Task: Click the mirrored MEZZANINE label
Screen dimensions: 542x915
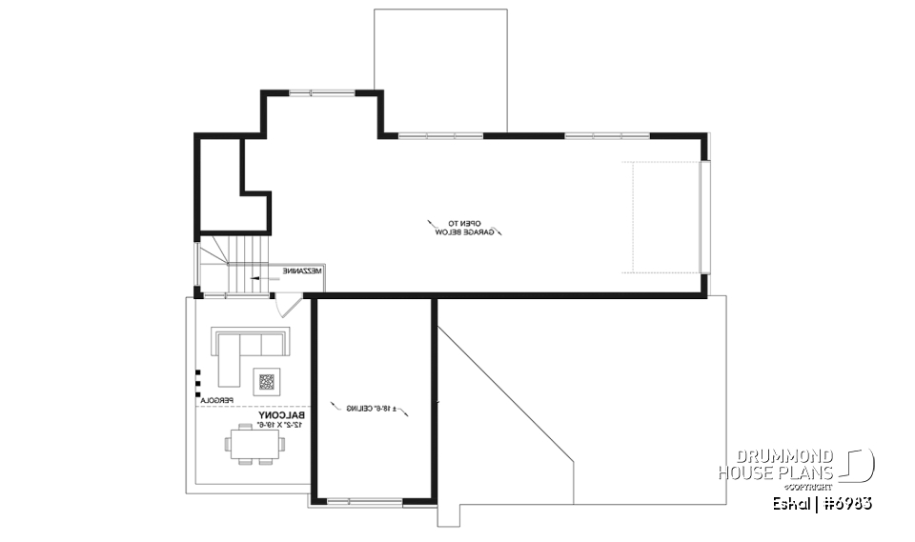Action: click(301, 271)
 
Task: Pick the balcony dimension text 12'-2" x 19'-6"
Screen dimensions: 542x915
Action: click(280, 425)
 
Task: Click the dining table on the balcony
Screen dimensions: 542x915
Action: click(253, 444)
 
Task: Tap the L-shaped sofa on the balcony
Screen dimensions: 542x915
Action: click(244, 349)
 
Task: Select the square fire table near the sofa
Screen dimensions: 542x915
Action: click(266, 383)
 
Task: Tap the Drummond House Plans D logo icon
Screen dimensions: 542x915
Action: click(859, 466)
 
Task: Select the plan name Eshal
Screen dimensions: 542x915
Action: click(790, 504)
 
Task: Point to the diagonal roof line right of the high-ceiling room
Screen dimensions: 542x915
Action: click(505, 391)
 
